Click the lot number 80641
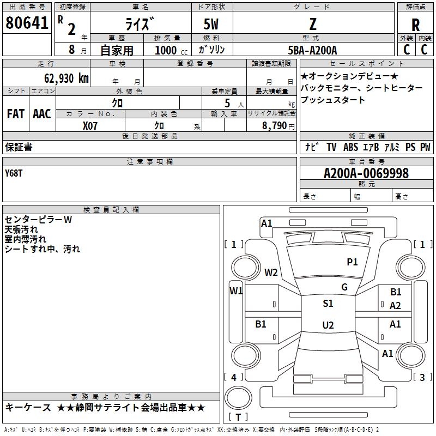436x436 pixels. [27, 22]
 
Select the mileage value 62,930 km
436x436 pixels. [66, 78]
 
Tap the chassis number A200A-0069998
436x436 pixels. [366, 173]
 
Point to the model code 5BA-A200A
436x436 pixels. [312, 50]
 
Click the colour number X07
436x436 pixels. [90, 126]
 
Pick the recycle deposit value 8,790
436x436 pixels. [275, 125]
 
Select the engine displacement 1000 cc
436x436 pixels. [171, 50]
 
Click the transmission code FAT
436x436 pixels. [16, 114]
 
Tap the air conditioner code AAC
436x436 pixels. [42, 114]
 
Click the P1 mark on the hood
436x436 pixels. [352, 262]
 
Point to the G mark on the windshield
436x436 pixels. [344, 287]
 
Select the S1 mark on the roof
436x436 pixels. [328, 303]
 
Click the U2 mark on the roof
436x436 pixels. [328, 325]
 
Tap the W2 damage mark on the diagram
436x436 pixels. [271, 272]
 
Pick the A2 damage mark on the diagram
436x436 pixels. [395, 306]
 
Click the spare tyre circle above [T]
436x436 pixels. [238, 398]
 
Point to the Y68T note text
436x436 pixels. [14, 173]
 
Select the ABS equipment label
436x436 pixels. [350, 147]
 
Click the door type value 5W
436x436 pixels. [211, 24]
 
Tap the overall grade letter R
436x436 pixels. [415, 25]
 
